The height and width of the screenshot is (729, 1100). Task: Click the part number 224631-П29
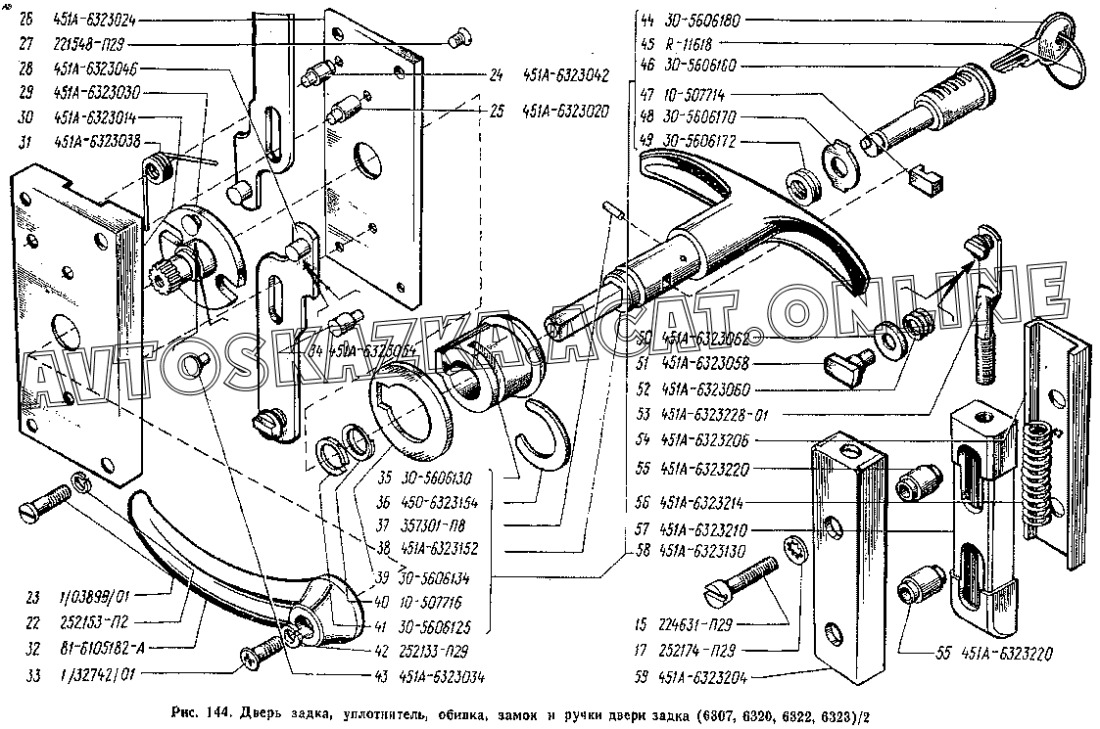(699, 623)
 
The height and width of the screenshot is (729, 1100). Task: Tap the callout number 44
(645, 19)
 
